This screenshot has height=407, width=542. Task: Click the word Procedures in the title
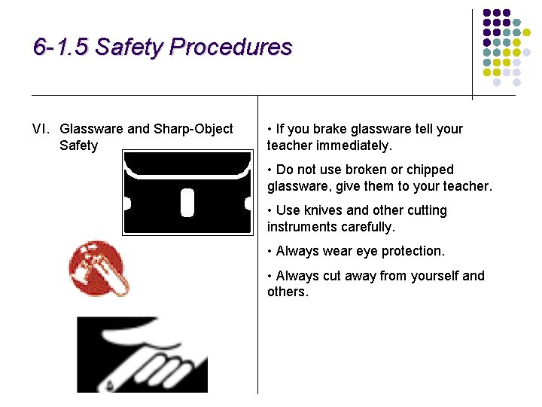coord(230,47)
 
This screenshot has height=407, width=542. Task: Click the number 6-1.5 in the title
coord(60,47)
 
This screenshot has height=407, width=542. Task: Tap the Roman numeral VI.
coord(42,129)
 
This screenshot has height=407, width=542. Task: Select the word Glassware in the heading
coord(93,129)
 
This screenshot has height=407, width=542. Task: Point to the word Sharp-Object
coord(193,129)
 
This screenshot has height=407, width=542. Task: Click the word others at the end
coord(287,292)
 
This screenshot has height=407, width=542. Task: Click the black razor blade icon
coord(187,192)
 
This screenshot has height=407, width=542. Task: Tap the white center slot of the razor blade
coord(187,202)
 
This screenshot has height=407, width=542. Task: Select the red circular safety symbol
coord(99,268)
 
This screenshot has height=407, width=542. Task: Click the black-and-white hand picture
coord(142,354)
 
